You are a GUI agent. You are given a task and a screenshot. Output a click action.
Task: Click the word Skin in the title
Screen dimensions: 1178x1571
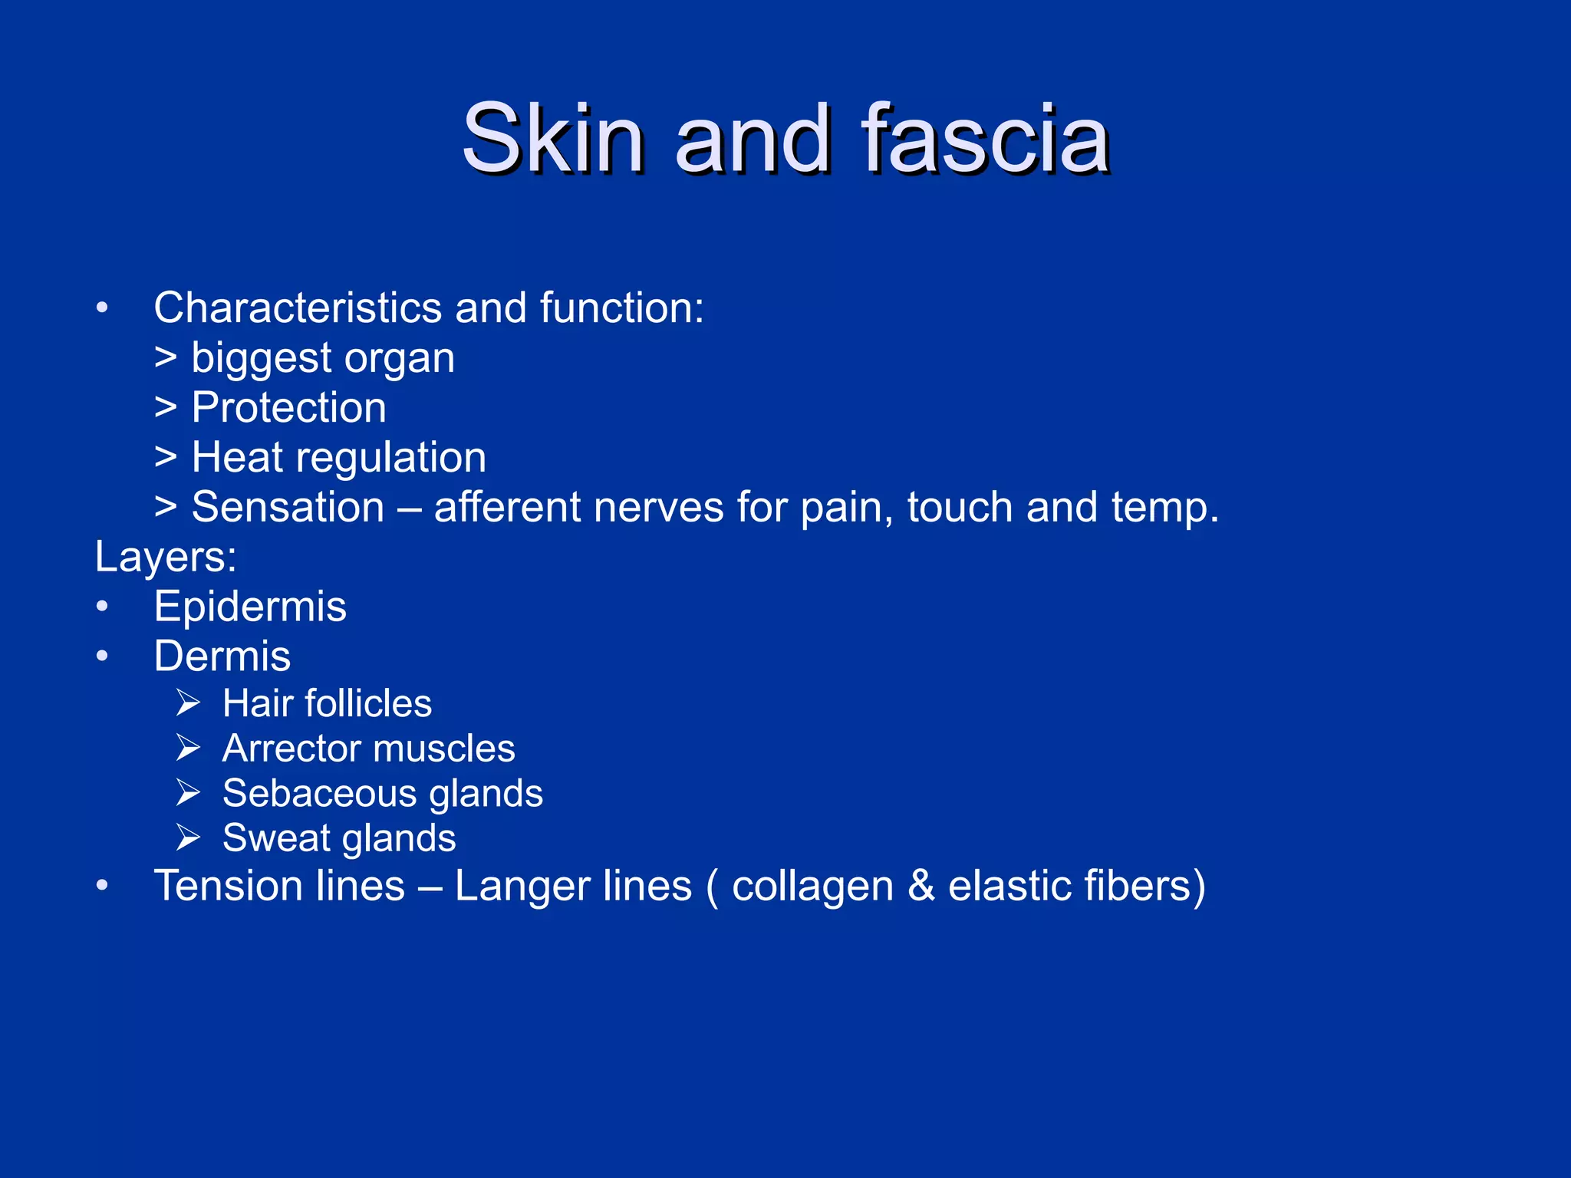pyautogui.click(x=553, y=140)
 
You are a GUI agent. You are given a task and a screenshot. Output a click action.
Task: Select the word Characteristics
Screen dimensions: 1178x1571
pyautogui.click(x=298, y=308)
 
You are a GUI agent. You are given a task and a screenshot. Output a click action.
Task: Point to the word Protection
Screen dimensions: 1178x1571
pyautogui.click(x=288, y=407)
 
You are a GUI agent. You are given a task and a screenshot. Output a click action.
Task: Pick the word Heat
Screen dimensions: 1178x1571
pyautogui.click(x=237, y=458)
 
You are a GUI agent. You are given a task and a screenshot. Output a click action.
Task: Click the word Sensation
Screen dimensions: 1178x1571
pyautogui.click(x=288, y=508)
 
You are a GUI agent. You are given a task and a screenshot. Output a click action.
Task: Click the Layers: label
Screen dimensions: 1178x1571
pyautogui.click(x=166, y=558)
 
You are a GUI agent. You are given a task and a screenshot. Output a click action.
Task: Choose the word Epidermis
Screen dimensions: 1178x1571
pyautogui.click(x=250, y=607)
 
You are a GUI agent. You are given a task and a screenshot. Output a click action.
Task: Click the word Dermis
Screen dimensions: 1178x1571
pyautogui.click(x=222, y=657)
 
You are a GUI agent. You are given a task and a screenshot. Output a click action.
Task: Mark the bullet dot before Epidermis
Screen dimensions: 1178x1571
pyautogui.click(x=102, y=607)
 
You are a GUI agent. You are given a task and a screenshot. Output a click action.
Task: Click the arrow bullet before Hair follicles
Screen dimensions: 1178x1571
pyautogui.click(x=188, y=703)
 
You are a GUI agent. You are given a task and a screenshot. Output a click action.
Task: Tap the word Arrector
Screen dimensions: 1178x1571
pyautogui.click(x=288, y=749)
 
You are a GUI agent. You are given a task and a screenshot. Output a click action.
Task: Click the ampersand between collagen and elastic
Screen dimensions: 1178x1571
pyautogui.click(x=921, y=887)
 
